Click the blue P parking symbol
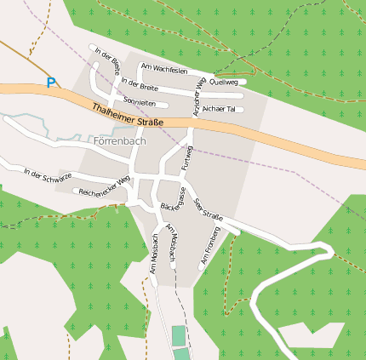(51, 83)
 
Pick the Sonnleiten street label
(140, 101)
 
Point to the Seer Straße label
(209, 209)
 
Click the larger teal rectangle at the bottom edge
(178, 336)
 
